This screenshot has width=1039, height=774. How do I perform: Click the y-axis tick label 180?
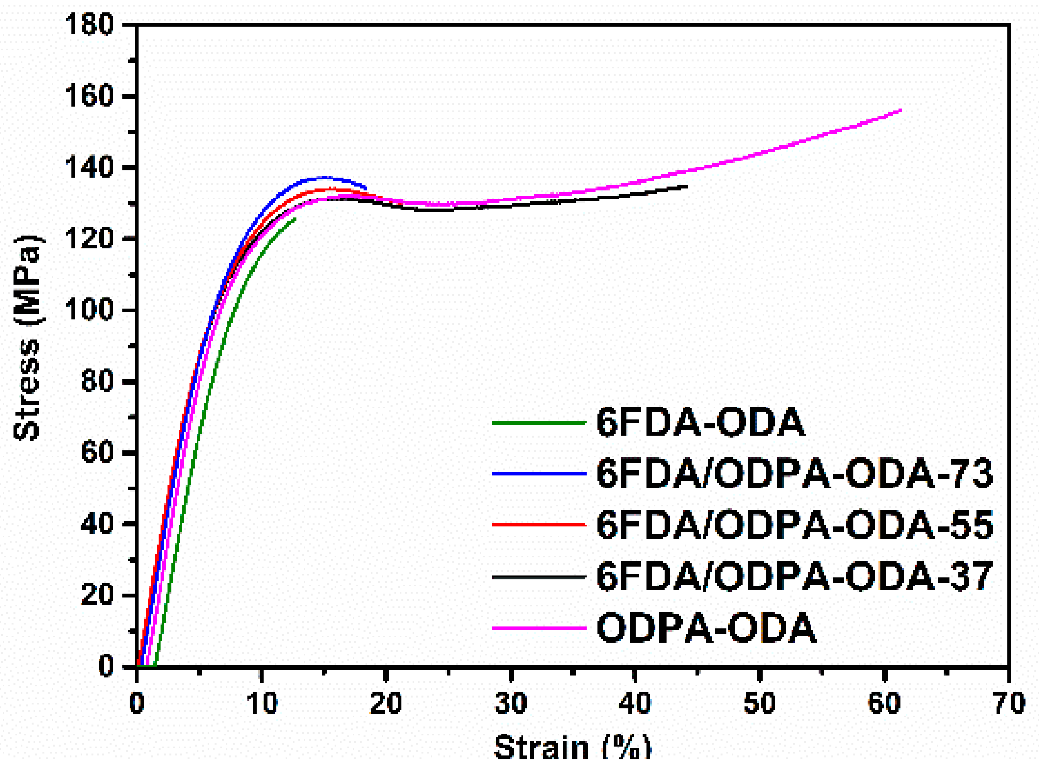[x=89, y=24]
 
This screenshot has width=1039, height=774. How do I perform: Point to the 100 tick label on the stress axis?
[x=89, y=310]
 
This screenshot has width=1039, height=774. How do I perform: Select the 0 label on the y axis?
[x=106, y=666]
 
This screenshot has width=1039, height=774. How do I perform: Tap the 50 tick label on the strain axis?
[x=760, y=703]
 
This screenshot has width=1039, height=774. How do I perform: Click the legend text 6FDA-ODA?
[x=701, y=423]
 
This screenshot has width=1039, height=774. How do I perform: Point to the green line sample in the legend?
[x=539, y=423]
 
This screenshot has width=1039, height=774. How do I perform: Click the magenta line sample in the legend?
[x=539, y=628]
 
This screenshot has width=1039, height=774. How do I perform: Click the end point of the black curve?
[x=687, y=187]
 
